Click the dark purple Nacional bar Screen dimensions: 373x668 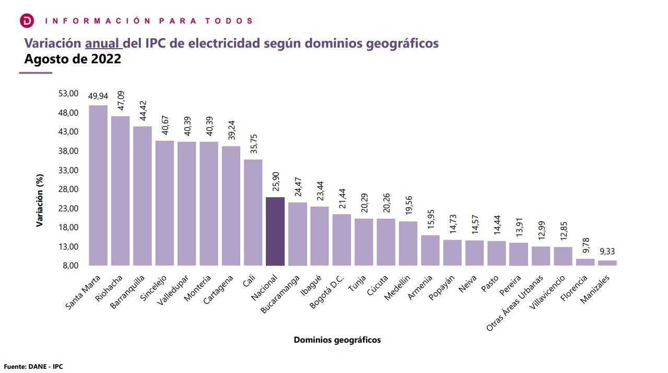(x=275, y=231)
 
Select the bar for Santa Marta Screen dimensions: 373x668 (x=98, y=185)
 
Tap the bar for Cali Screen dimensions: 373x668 (x=253, y=212)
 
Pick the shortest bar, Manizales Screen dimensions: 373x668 (x=607, y=263)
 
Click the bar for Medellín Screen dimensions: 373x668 (x=408, y=243)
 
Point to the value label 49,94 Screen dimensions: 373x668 (x=98, y=97)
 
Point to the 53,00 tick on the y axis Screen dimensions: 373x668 (x=68, y=94)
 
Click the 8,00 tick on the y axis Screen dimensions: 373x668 (x=70, y=266)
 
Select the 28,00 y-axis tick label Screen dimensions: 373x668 (x=68, y=189)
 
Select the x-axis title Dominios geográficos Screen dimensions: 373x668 (x=337, y=340)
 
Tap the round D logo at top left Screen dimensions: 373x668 (x=27, y=21)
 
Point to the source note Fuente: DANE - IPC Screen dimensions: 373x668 (x=33, y=367)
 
